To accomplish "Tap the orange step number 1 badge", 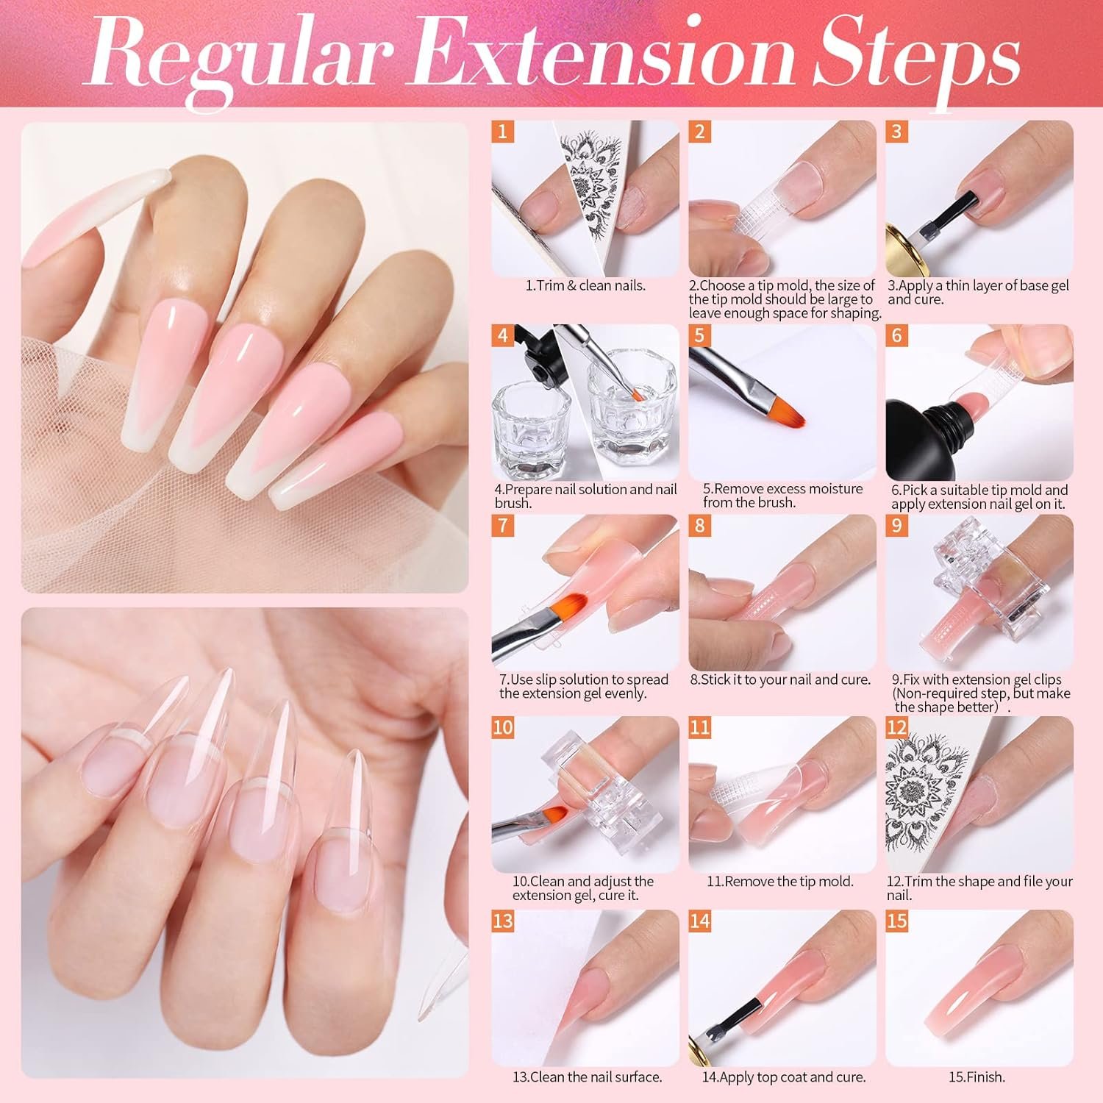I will (x=503, y=132).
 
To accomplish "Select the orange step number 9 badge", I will (x=896, y=526).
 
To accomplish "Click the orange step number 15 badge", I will (x=897, y=921).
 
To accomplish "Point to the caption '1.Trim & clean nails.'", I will (x=585, y=285).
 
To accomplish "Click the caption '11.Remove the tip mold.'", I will (x=780, y=881).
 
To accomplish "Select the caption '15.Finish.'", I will (x=977, y=1077).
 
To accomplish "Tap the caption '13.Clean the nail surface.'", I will (x=588, y=1077).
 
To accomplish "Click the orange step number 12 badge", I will (x=897, y=728).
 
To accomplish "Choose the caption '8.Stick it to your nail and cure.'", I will (x=780, y=680).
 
